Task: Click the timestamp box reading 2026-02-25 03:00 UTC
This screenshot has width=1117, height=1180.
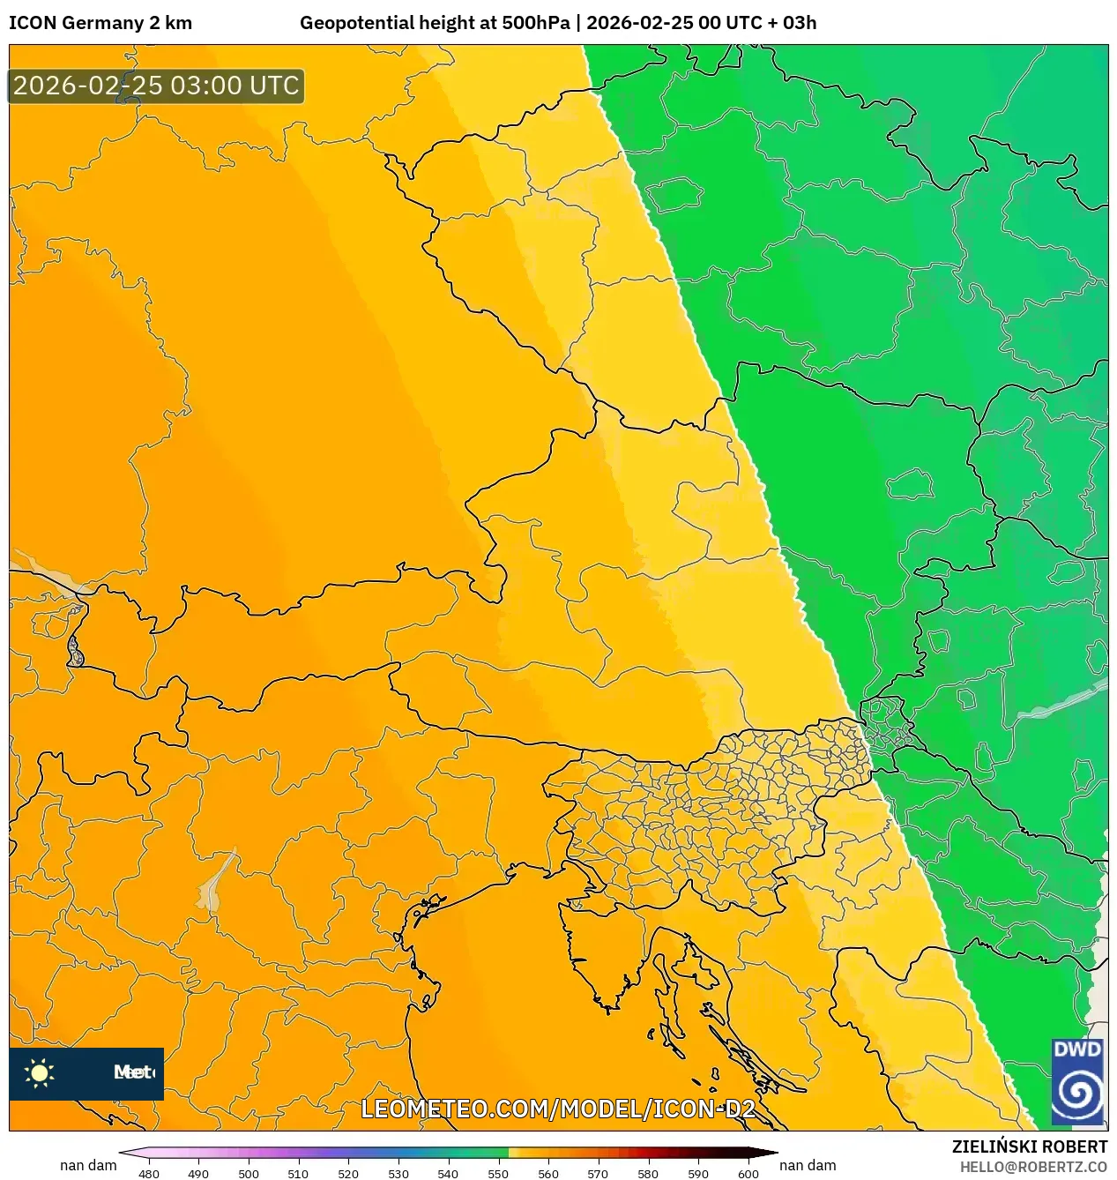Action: (x=156, y=86)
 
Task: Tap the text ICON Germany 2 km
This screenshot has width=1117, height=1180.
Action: (x=101, y=23)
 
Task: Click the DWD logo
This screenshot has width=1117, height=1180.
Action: (x=1077, y=1081)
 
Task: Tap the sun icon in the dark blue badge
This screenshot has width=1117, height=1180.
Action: (x=40, y=1073)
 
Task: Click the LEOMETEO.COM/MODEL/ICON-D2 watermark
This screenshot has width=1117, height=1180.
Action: (x=558, y=1109)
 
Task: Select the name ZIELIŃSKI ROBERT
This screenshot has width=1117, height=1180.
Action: (x=1029, y=1146)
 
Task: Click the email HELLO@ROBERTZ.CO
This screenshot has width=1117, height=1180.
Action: (x=1032, y=1167)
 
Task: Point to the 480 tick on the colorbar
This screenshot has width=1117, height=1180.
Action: (x=150, y=1174)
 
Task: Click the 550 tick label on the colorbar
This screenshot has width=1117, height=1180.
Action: (x=498, y=1174)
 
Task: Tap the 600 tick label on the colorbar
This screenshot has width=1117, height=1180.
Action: (x=748, y=1174)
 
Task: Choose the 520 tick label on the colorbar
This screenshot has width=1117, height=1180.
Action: (x=348, y=1174)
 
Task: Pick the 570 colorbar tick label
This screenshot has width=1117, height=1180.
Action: (x=598, y=1174)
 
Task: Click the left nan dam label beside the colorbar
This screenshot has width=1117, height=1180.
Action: (x=88, y=1165)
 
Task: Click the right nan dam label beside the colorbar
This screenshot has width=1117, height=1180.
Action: (x=808, y=1165)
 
